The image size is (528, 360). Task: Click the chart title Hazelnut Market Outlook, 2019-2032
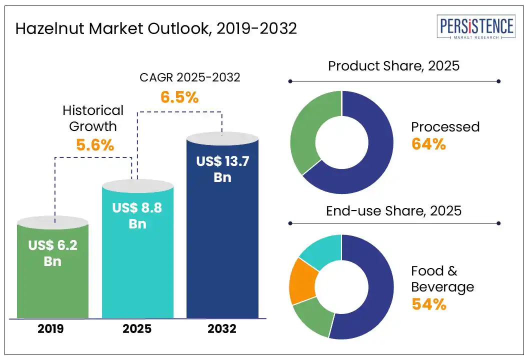click(156, 28)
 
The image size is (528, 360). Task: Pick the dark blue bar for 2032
click(222, 250)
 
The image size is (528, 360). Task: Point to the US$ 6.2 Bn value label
click(52, 253)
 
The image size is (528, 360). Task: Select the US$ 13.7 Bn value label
click(222, 169)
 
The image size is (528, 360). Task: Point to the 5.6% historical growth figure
click(95, 145)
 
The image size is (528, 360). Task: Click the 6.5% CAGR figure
click(179, 97)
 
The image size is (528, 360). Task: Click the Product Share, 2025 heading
click(393, 65)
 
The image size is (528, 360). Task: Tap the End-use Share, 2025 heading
click(393, 210)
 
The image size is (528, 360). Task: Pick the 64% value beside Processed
click(428, 144)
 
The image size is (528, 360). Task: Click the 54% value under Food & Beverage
click(428, 304)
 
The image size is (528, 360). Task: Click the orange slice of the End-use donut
click(302, 281)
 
